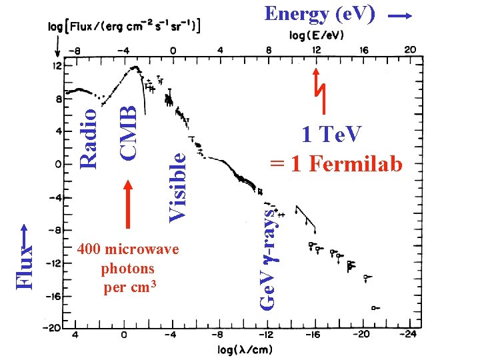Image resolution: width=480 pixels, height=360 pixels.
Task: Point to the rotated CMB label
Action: [128, 125]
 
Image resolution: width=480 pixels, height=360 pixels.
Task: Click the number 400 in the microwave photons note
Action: [89, 249]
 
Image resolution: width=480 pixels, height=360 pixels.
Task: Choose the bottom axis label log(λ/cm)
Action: [244, 349]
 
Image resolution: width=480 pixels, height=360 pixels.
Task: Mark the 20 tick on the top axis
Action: [410, 49]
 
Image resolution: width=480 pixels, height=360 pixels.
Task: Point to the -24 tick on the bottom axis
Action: [409, 335]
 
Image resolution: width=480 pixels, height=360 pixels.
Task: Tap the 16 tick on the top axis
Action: [363, 49]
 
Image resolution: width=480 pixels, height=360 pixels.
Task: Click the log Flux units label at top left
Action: [126, 27]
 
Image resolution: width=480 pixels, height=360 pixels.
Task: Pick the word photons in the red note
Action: [127, 269]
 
